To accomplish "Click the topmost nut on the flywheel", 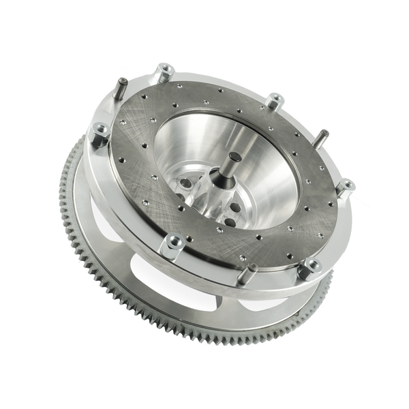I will coord(164,72).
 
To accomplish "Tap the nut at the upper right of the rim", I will coord(275,101).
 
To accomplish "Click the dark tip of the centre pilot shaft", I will coord(234,158).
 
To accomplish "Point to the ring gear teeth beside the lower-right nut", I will coord(326,286).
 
